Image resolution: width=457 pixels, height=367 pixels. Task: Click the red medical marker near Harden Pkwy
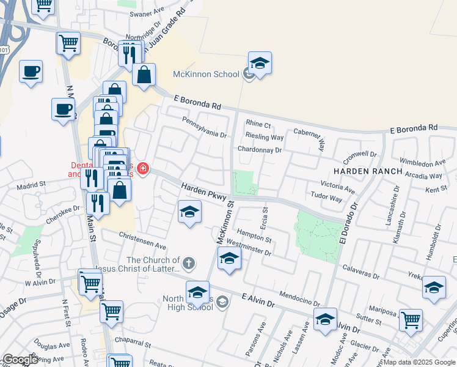143,168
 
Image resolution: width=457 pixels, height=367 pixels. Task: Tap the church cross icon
189,264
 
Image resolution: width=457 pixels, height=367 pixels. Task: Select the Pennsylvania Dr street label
204,127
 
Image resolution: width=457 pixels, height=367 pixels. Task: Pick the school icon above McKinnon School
260,63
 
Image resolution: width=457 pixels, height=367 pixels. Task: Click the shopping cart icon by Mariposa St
410,319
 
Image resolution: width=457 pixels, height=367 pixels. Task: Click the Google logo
20,360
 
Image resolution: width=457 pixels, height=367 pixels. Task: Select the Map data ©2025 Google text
419,362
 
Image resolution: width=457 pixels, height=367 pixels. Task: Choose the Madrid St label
31,183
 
